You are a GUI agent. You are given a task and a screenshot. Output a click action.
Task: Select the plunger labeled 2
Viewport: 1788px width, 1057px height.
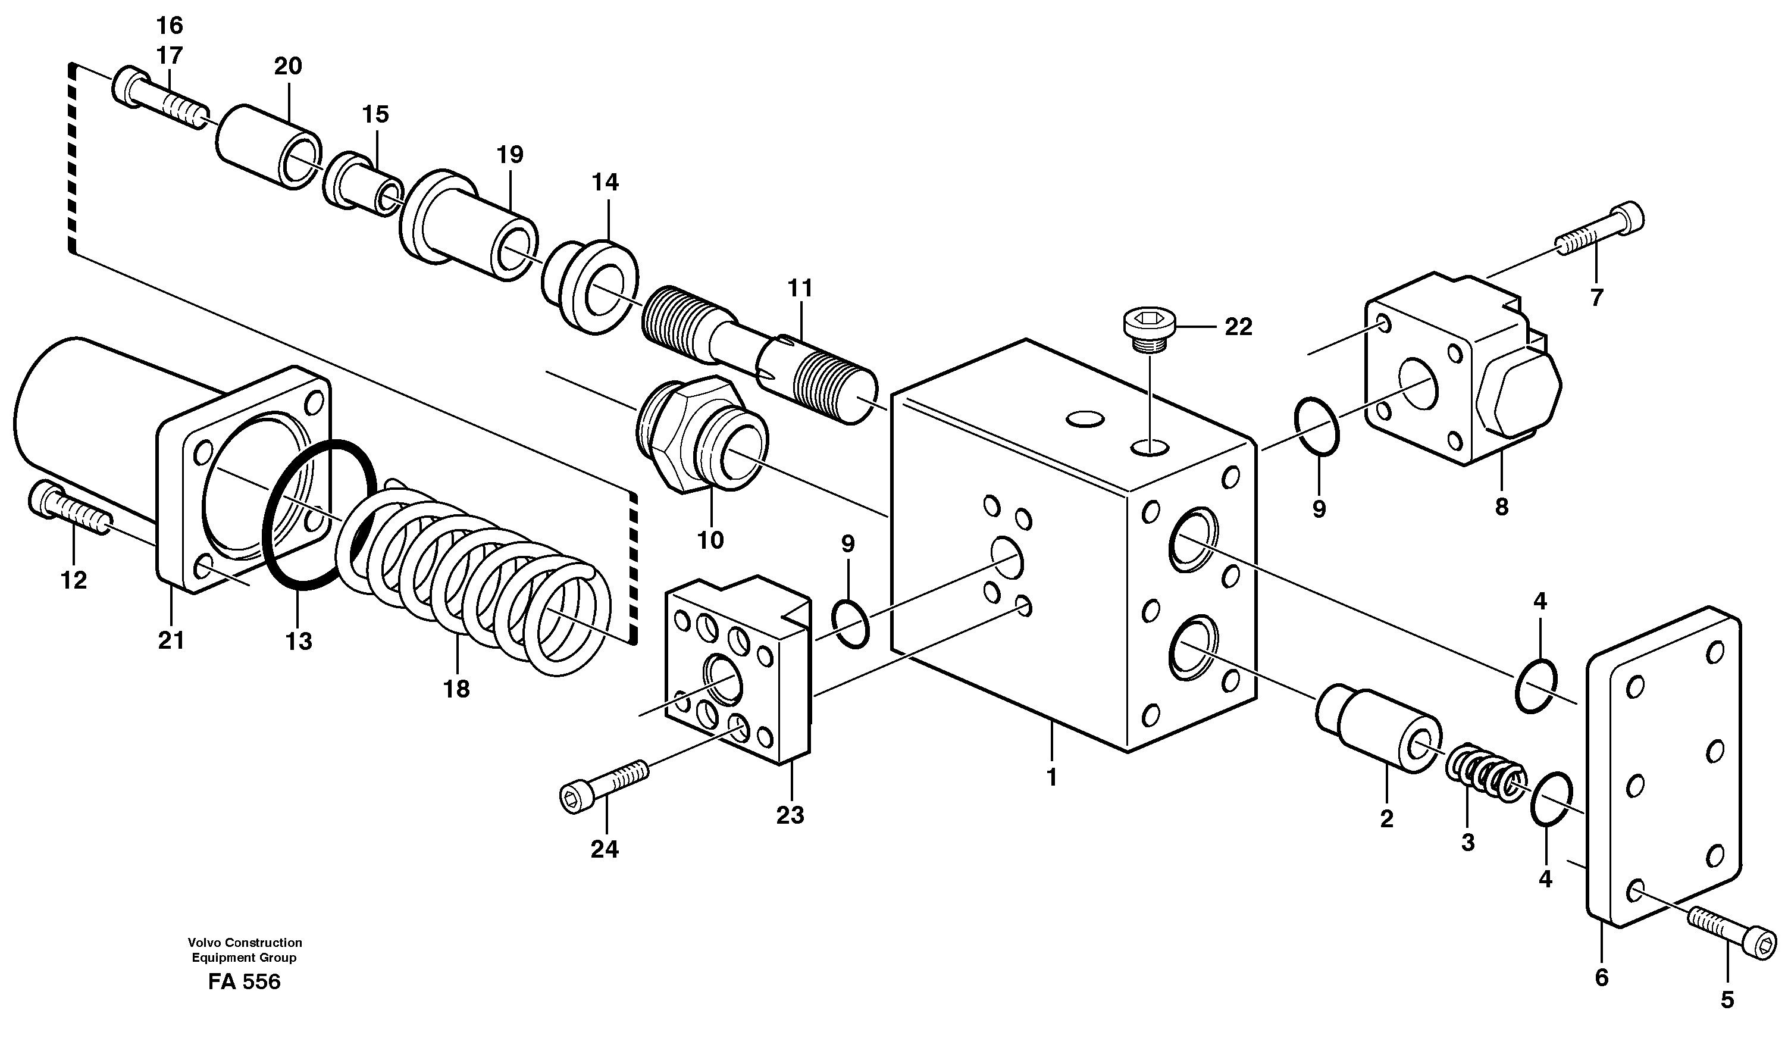point(1378,731)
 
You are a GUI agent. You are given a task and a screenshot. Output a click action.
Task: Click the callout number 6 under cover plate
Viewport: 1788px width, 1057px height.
point(1601,978)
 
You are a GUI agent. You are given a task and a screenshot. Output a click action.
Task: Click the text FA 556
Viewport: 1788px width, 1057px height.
point(244,981)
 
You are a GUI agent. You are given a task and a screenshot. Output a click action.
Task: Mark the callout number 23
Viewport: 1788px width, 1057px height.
point(790,815)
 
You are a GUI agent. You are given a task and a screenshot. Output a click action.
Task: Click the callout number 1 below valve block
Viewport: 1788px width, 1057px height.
point(1052,777)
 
